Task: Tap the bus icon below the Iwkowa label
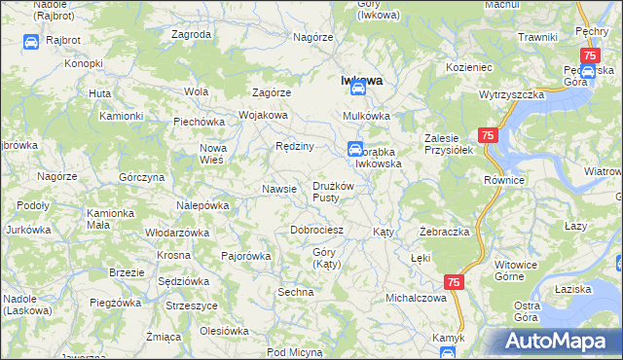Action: (358, 89)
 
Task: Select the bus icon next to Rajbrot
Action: (29, 43)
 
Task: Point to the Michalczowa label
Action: (416, 298)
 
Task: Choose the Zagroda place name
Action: (191, 34)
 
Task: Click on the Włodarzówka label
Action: (177, 234)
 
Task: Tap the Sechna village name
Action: (296, 292)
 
